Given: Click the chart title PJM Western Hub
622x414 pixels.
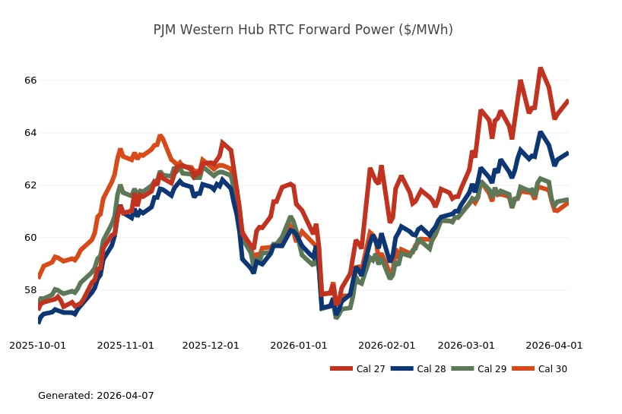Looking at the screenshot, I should (x=303, y=30).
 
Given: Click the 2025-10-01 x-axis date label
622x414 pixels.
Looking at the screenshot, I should (x=37, y=345).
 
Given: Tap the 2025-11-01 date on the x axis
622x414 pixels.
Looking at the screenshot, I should (x=125, y=345).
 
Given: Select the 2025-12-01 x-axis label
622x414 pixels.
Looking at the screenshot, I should (x=211, y=345).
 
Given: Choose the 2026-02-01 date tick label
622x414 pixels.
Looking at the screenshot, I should (x=387, y=345).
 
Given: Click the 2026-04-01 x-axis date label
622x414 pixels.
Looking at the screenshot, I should (x=554, y=345).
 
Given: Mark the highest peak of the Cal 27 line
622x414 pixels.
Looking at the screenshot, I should (x=540, y=69).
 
